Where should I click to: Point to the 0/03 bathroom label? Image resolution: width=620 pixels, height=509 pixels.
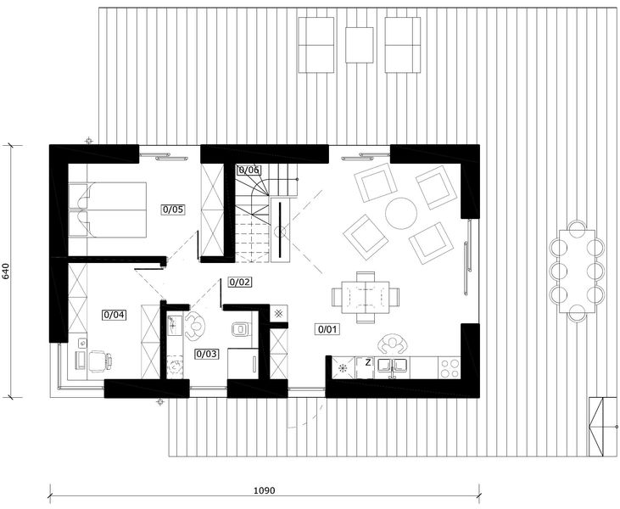pyautogui.click(x=206, y=353)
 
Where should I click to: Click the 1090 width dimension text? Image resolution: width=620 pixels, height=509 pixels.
pyautogui.click(x=265, y=490)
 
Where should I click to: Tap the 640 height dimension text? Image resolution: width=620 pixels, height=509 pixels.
pyautogui.click(x=7, y=271)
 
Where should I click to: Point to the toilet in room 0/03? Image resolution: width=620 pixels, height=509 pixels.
pyautogui.click(x=240, y=327)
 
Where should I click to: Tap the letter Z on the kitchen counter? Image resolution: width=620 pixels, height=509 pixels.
pyautogui.click(x=368, y=362)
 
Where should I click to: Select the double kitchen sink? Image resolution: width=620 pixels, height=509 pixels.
pyautogui.click(x=393, y=366)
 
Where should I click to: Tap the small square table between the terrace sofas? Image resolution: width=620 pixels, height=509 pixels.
pyautogui.click(x=359, y=43)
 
